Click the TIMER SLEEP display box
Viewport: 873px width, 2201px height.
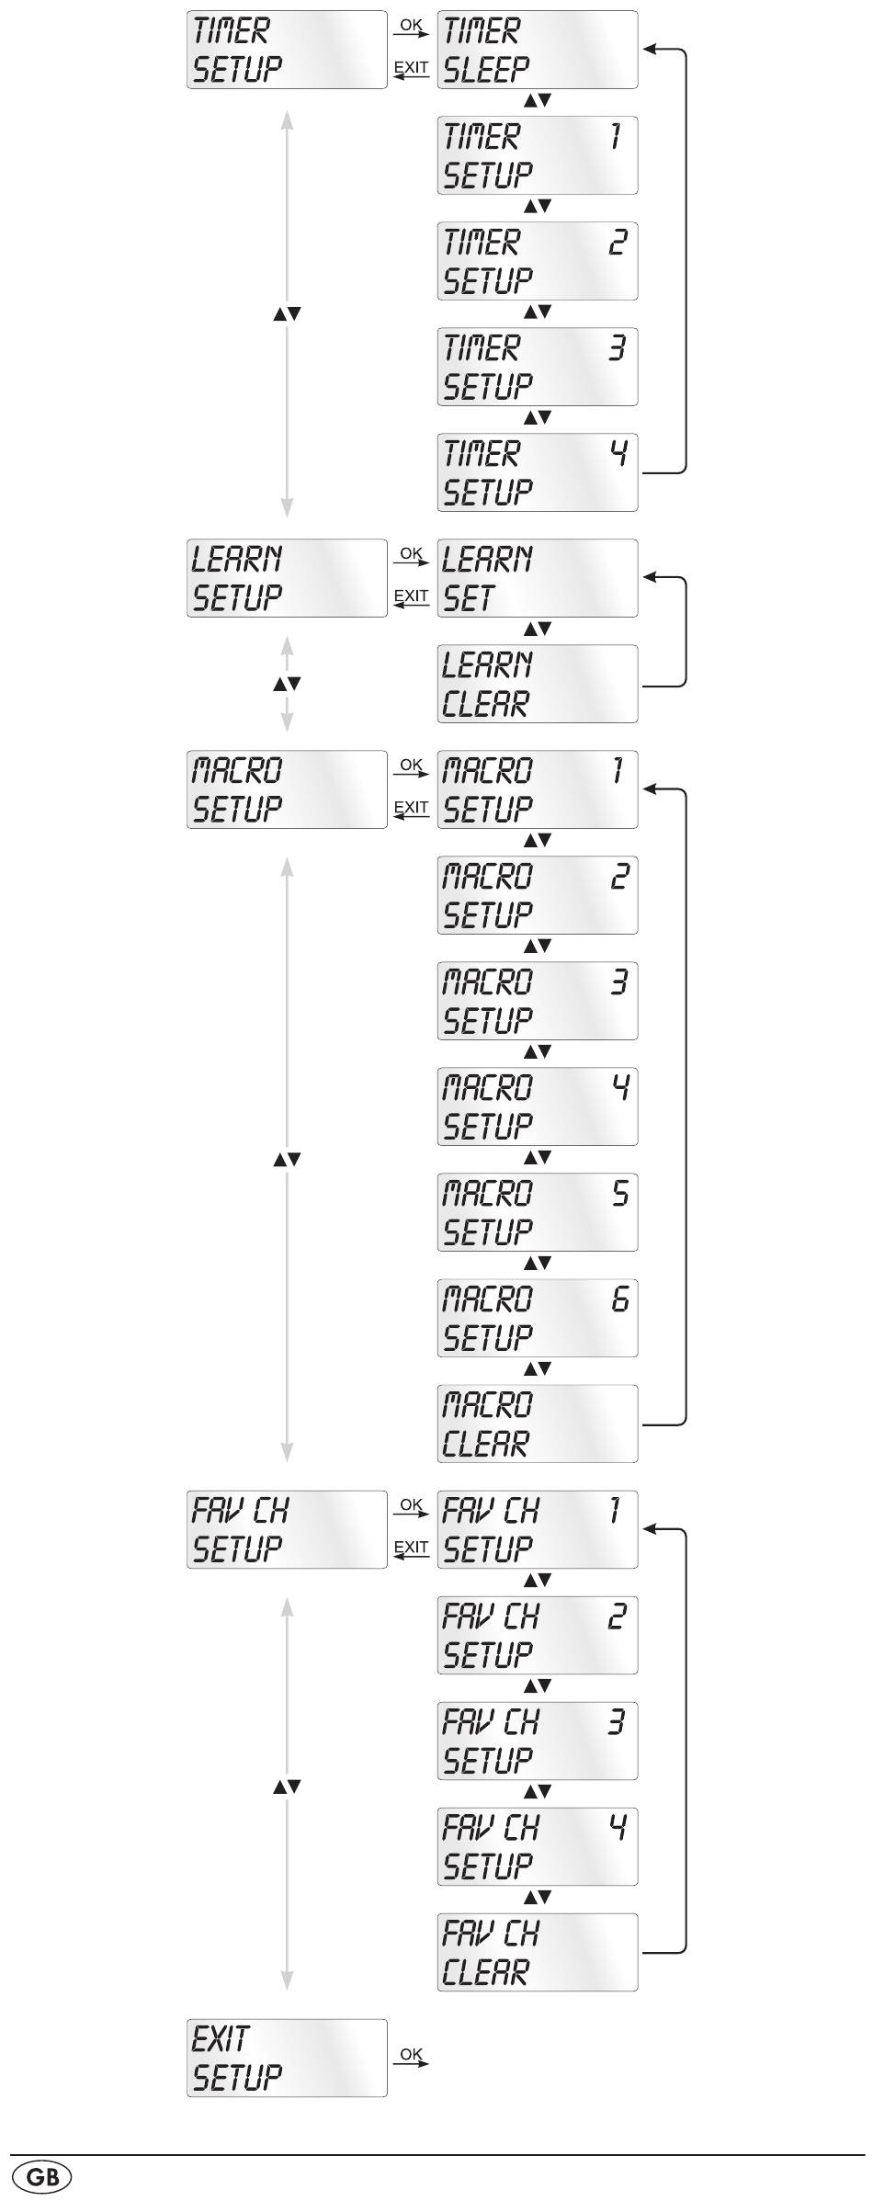[x=537, y=50]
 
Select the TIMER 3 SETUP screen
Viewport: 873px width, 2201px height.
[x=537, y=367]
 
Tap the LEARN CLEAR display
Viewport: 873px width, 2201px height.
[x=537, y=684]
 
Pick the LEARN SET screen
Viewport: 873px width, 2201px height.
[x=537, y=578]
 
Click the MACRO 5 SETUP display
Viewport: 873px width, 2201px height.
[x=537, y=1212]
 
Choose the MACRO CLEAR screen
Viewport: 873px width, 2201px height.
[x=537, y=1424]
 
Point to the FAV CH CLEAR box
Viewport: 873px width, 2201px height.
[x=537, y=1952]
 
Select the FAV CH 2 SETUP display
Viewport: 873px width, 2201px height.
[x=537, y=1635]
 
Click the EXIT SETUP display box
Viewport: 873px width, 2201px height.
[x=287, y=2058]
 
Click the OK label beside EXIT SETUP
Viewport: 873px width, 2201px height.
[x=411, y=2053]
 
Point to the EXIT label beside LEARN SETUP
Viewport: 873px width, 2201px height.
[x=411, y=596]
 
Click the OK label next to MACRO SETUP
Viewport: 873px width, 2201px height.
[x=411, y=765]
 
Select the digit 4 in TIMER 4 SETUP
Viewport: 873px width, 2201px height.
[x=620, y=453]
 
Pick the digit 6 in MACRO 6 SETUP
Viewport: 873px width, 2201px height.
[x=620, y=1299]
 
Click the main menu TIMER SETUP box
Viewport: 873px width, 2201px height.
[x=287, y=50]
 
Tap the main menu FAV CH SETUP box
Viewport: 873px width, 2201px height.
[x=287, y=1529]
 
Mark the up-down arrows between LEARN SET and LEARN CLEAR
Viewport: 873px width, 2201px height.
[x=538, y=630]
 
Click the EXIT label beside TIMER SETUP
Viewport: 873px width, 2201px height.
[x=411, y=67]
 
